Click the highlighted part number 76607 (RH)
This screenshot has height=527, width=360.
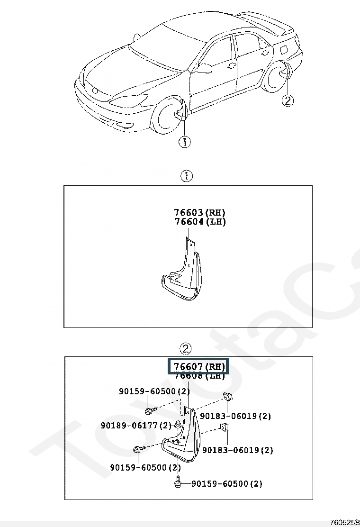pos(198,366)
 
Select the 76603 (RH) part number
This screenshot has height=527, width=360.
pos(199,212)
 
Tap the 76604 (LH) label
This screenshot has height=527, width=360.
pos(199,222)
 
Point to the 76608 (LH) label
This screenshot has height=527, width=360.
pos(198,376)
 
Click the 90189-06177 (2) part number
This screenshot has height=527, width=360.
pos(136,425)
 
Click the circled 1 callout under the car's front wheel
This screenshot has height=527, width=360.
pos(184,141)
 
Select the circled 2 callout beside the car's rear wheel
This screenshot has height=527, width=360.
pos(288,100)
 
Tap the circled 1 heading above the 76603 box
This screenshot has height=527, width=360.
pos(187,176)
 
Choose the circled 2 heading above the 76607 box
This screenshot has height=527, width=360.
pos(186,349)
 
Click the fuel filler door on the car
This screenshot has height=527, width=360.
pos(287,49)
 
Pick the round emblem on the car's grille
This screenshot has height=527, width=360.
pos(95,91)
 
